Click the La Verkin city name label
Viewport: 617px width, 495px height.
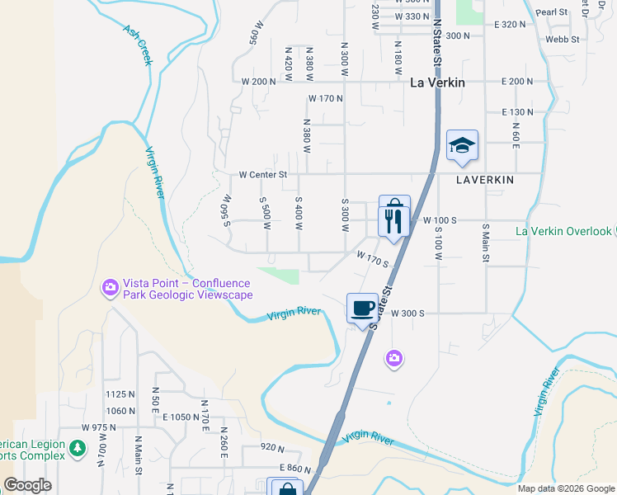[437, 82]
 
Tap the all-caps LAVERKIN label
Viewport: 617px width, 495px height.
[484, 179]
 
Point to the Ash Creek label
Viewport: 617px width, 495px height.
[138, 44]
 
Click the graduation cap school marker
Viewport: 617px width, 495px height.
[462, 146]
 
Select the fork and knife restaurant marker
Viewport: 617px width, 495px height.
[393, 220]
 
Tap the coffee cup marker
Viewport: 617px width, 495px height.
[362, 309]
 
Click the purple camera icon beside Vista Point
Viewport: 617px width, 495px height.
[110, 288]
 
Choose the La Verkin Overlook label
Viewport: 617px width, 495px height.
[564, 232]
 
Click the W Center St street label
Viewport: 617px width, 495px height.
[262, 175]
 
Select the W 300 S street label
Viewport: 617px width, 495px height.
[407, 313]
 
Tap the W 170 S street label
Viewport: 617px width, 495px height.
[372, 259]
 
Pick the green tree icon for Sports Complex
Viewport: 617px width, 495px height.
[78, 448]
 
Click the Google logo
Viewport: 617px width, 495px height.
[27, 485]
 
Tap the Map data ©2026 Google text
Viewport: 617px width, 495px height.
[566, 488]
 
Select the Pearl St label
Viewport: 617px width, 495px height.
[552, 12]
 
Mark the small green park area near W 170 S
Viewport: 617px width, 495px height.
[280, 274]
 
